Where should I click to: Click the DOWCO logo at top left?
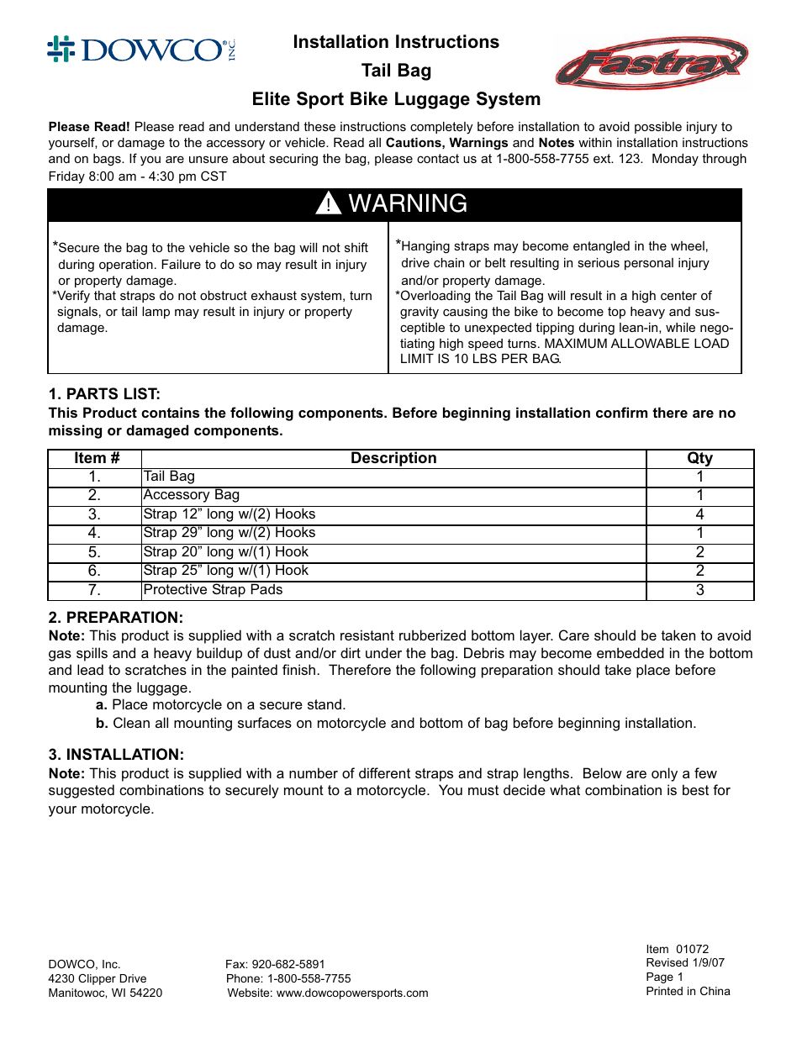tap(141, 50)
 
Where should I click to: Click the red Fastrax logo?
tap(652, 63)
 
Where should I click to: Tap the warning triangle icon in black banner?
tap(328, 203)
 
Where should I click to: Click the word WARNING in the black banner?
tap(408, 203)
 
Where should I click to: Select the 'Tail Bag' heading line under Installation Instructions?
tap(396, 71)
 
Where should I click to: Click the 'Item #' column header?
tap(97, 458)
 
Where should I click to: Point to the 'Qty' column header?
tap(699, 458)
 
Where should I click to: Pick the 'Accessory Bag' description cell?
tap(192, 495)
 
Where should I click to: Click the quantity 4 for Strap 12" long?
tap(699, 514)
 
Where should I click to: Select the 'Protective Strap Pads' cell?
tap(214, 590)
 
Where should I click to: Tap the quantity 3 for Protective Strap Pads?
tap(699, 590)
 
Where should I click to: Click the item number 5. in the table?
tap(94, 552)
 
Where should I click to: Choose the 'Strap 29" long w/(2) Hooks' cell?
tap(230, 533)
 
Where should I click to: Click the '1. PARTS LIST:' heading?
tap(104, 394)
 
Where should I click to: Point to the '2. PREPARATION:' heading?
tap(115, 618)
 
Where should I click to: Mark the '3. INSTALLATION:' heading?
tap(116, 755)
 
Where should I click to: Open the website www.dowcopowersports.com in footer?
tap(352, 993)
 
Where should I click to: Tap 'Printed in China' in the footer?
tap(688, 992)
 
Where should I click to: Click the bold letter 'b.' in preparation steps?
tap(102, 724)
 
